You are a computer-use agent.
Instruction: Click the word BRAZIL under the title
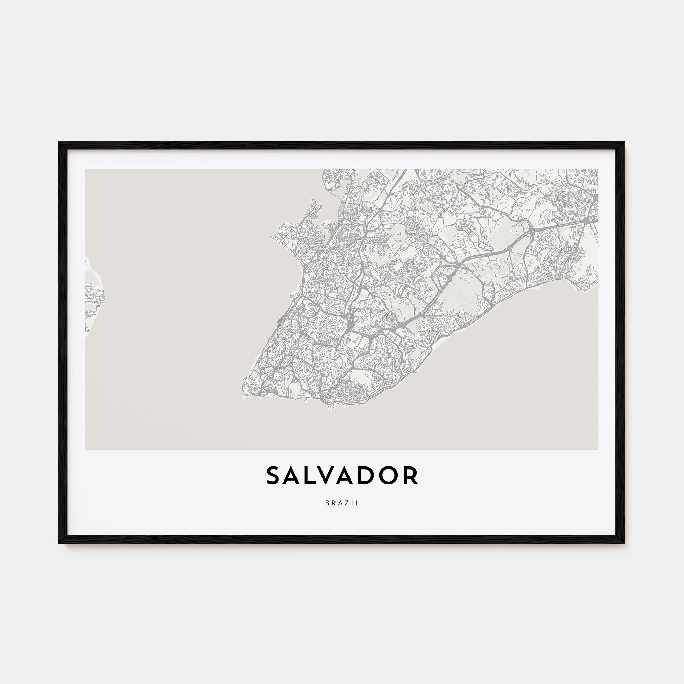click(x=342, y=503)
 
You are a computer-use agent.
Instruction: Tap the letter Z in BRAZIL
click(x=347, y=503)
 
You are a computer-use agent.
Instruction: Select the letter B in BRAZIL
click(x=327, y=503)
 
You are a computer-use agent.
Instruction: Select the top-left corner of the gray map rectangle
click(x=86, y=169)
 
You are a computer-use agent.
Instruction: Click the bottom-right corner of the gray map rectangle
click(x=598, y=450)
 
